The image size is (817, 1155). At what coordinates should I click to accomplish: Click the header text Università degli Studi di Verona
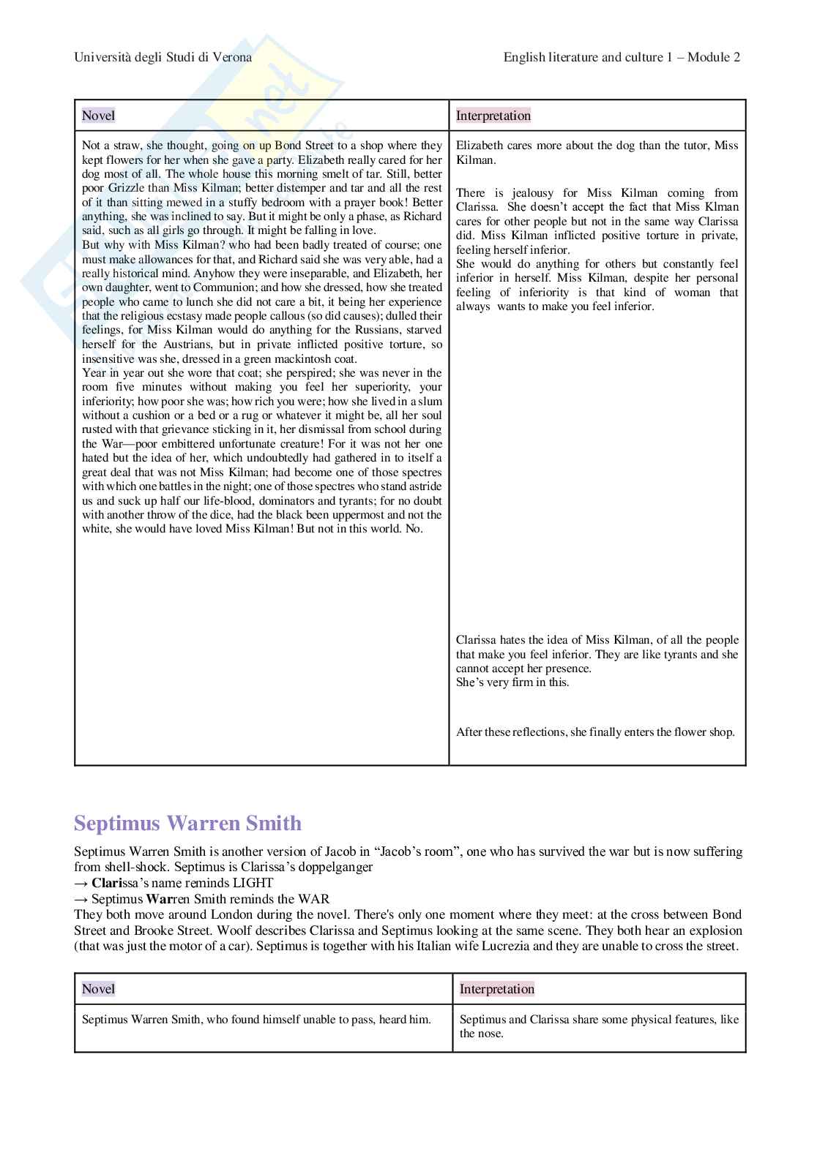click(x=163, y=57)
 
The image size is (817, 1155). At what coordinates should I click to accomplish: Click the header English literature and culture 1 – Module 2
click(x=622, y=57)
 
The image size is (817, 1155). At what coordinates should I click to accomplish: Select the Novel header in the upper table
click(x=98, y=116)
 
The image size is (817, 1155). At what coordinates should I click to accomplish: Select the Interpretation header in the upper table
click(x=493, y=116)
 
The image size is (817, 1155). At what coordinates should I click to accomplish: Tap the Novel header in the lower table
click(x=98, y=989)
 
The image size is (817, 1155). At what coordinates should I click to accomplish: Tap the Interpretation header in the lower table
click(x=497, y=989)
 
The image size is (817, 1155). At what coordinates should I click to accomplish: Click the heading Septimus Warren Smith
click(x=187, y=824)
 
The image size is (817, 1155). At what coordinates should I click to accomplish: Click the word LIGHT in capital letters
click(x=253, y=883)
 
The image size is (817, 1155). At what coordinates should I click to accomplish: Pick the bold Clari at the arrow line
click(x=107, y=883)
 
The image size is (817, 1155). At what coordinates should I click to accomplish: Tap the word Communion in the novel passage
click(x=225, y=287)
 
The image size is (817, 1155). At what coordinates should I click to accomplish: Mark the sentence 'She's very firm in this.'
click(x=512, y=682)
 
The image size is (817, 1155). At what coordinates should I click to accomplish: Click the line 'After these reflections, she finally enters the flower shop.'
click(x=595, y=732)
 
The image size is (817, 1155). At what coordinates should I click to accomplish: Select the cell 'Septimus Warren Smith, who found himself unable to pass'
click(x=256, y=1020)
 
